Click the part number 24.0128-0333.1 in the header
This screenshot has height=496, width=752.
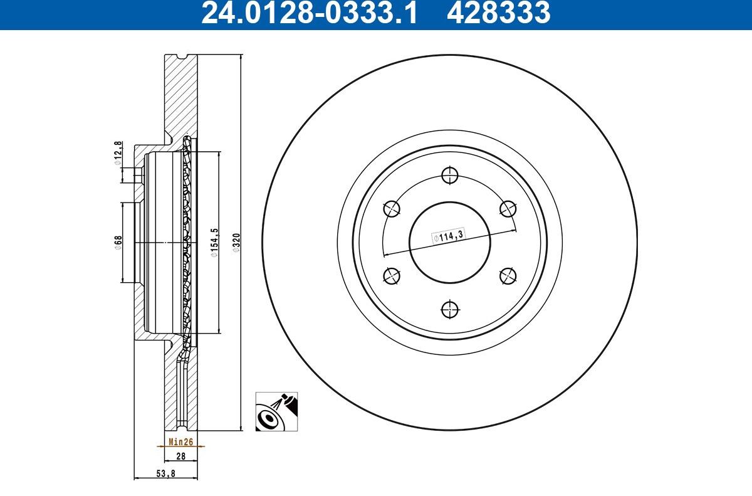[308, 13]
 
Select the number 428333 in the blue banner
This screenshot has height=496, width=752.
[498, 13]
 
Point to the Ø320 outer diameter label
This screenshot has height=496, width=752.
[236, 242]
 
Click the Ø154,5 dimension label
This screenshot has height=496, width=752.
[213, 242]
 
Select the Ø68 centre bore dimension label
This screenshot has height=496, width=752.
[117, 242]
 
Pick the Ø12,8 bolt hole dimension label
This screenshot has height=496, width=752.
[117, 153]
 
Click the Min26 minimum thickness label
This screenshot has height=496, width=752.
[180, 441]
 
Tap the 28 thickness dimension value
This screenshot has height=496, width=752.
[180, 457]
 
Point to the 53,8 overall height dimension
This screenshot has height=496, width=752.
[165, 474]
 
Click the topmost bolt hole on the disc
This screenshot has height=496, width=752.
[449, 175]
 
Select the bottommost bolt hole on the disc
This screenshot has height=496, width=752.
[449, 309]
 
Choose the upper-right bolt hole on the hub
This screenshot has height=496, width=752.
[508, 208]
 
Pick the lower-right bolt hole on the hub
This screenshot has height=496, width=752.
[508, 275]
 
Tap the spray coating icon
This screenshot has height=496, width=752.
[276, 411]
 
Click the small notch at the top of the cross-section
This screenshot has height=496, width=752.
[181, 58]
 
